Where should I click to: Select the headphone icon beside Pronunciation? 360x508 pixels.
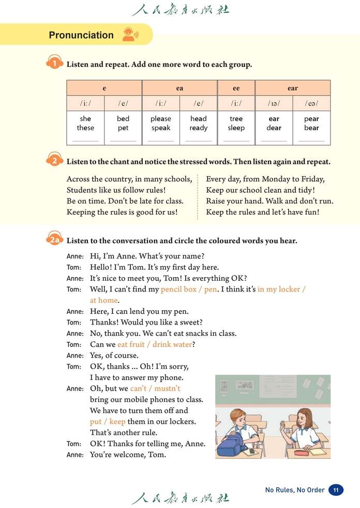[x=129, y=35]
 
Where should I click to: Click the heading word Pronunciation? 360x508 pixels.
[x=81, y=35]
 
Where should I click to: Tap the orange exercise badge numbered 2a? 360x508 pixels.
[x=55, y=240]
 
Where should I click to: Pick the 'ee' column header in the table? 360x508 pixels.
[x=236, y=88]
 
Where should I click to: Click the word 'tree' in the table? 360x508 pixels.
[x=236, y=118]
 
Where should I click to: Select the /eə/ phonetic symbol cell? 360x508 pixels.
[x=311, y=103]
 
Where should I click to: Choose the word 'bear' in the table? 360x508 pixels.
[x=311, y=128]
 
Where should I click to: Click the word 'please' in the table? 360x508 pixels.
[x=161, y=118]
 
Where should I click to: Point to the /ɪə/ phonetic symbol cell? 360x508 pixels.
[x=274, y=103]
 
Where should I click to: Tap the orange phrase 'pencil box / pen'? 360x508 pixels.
[x=189, y=289]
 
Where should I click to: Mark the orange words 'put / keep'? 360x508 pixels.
[x=108, y=421]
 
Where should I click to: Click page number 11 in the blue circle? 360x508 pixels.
[x=336, y=490]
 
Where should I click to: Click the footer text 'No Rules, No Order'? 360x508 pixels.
[x=295, y=490]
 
